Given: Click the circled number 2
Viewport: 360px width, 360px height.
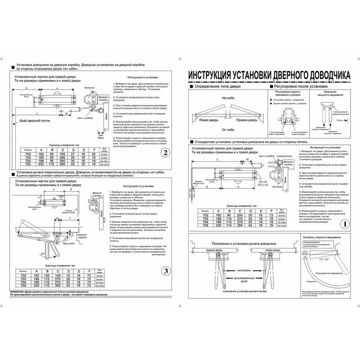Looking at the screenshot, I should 165,153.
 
